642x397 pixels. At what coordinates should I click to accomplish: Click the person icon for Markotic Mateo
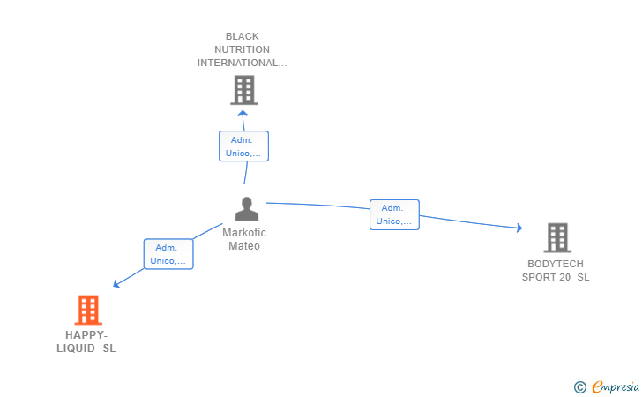tap(247, 208)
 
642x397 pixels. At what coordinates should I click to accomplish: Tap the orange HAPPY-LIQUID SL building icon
tap(88, 310)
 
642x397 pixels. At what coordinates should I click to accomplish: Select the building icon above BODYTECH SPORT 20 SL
tap(557, 237)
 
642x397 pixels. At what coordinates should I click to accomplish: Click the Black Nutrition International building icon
tap(244, 90)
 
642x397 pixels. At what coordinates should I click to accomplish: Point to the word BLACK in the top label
tap(243, 36)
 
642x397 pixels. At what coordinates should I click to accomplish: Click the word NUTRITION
tap(242, 49)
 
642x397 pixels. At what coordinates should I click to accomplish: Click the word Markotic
tap(244, 233)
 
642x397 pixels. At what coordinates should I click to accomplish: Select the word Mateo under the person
tap(244, 246)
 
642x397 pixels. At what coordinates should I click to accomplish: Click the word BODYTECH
tap(556, 264)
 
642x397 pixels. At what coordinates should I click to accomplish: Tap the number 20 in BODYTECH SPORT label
tap(565, 277)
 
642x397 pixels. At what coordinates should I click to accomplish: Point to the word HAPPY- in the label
tap(86, 335)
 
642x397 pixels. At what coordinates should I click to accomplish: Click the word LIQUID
tap(76, 348)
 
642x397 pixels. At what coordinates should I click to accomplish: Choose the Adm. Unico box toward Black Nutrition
tap(243, 146)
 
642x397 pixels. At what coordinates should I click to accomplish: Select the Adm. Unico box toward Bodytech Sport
tap(394, 214)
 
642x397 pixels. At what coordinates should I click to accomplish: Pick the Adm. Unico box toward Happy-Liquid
tap(168, 254)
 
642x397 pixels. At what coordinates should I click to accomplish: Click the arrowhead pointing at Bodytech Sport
tap(519, 228)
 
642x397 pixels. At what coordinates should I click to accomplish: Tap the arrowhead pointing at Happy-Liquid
tap(116, 283)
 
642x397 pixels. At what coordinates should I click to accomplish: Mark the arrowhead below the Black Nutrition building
tap(243, 113)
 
